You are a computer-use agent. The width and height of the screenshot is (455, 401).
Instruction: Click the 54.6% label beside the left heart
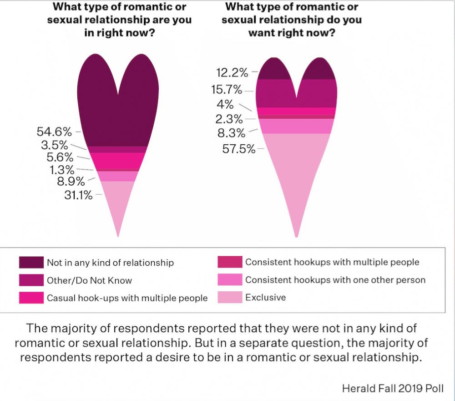(x=54, y=132)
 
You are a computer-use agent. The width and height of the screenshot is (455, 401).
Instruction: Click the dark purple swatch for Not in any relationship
(x=31, y=263)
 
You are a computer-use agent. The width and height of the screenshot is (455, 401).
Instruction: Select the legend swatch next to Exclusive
(x=230, y=298)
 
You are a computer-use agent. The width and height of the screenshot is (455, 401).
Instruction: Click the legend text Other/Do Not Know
(x=89, y=280)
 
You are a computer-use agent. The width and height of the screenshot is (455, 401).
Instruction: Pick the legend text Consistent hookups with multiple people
(x=332, y=262)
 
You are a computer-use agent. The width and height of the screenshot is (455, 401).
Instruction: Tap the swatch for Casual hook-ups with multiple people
(x=31, y=298)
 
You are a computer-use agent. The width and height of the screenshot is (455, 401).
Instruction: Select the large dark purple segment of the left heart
(x=118, y=114)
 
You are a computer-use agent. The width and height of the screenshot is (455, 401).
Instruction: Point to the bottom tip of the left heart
(x=118, y=235)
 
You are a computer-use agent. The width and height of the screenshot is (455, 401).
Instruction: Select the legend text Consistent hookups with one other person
(x=335, y=280)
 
